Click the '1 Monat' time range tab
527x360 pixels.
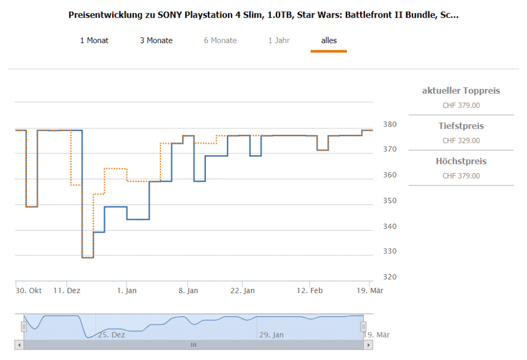click(x=94, y=41)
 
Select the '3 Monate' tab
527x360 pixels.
click(x=156, y=41)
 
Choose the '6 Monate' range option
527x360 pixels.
click(x=220, y=41)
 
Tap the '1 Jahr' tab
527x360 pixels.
click(x=279, y=41)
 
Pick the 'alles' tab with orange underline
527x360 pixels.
click(x=329, y=41)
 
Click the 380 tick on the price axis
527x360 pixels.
click(x=390, y=124)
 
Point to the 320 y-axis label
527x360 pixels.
click(x=390, y=277)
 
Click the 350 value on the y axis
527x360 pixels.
click(x=390, y=201)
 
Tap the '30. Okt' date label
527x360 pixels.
click(x=29, y=291)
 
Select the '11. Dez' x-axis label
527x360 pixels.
click(x=67, y=291)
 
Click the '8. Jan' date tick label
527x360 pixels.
click(x=188, y=291)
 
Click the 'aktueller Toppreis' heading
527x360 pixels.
click(x=461, y=91)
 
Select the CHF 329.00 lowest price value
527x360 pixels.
click(x=461, y=140)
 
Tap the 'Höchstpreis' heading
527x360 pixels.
click(x=461, y=161)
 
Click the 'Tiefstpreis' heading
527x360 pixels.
click(x=461, y=126)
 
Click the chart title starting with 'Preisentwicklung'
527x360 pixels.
click(x=263, y=15)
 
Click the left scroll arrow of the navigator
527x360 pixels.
click(x=20, y=345)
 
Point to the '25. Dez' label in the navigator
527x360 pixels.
click(x=112, y=335)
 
